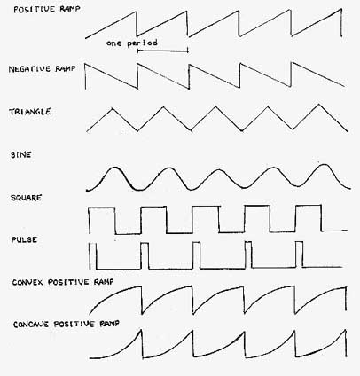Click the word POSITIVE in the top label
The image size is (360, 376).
pos(35,9)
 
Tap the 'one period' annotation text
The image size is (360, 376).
pos(132,43)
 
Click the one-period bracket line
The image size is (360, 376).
pos(162,51)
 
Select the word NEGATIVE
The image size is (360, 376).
pos(29,69)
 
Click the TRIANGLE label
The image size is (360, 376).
pos(30,112)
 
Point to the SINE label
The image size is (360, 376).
pos(20,155)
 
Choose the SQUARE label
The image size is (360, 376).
pos(26,198)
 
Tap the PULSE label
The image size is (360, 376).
pos(24,239)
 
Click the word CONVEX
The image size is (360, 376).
pos(28,282)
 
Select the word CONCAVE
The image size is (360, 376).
pos(31,325)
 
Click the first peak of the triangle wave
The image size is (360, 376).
pos(112,108)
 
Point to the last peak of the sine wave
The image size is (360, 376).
pos(325,165)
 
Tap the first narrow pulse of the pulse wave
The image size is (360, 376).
pos(92,255)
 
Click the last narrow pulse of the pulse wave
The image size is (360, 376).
pos(299,255)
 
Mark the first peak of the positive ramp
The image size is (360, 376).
pos(137,12)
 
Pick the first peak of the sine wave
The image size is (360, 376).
pos(113,168)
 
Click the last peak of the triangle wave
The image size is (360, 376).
pos(318,104)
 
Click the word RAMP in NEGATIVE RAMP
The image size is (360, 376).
pos(66,68)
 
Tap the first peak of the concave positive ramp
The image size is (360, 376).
pos(141,330)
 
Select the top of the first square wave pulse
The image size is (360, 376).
pos(102,208)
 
